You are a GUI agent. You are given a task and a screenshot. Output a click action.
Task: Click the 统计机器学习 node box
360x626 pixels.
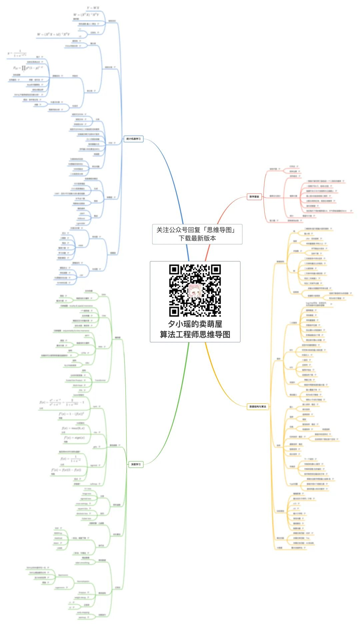[134, 139]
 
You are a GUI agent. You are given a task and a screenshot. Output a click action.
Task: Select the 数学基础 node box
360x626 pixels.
[254, 197]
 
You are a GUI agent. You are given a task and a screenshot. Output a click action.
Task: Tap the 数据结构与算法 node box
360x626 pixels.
[258, 407]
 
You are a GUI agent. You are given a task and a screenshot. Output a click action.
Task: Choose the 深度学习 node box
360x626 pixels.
[136, 464]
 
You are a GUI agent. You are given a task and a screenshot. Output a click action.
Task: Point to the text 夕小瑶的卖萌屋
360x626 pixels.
[195, 324]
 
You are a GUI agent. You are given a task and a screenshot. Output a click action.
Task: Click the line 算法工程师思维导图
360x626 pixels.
[195, 334]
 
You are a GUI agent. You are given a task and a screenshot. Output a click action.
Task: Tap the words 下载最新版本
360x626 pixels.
[197, 238]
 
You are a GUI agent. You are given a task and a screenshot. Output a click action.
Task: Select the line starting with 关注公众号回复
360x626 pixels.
[196, 230]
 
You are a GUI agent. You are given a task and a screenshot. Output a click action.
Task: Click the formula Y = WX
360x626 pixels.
[93, 8]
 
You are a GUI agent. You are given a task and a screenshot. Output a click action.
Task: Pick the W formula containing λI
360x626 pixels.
[53, 34]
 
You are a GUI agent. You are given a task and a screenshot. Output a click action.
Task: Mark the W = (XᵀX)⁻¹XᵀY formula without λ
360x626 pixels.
[86, 15]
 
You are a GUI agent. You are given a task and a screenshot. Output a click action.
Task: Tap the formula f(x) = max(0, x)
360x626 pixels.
[73, 428]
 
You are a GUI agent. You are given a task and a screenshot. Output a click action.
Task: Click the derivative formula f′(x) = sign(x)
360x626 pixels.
[74, 437]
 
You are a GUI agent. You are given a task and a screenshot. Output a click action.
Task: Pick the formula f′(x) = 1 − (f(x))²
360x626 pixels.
[71, 414]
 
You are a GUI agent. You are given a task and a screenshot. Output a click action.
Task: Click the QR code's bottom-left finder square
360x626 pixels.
[174, 311]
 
